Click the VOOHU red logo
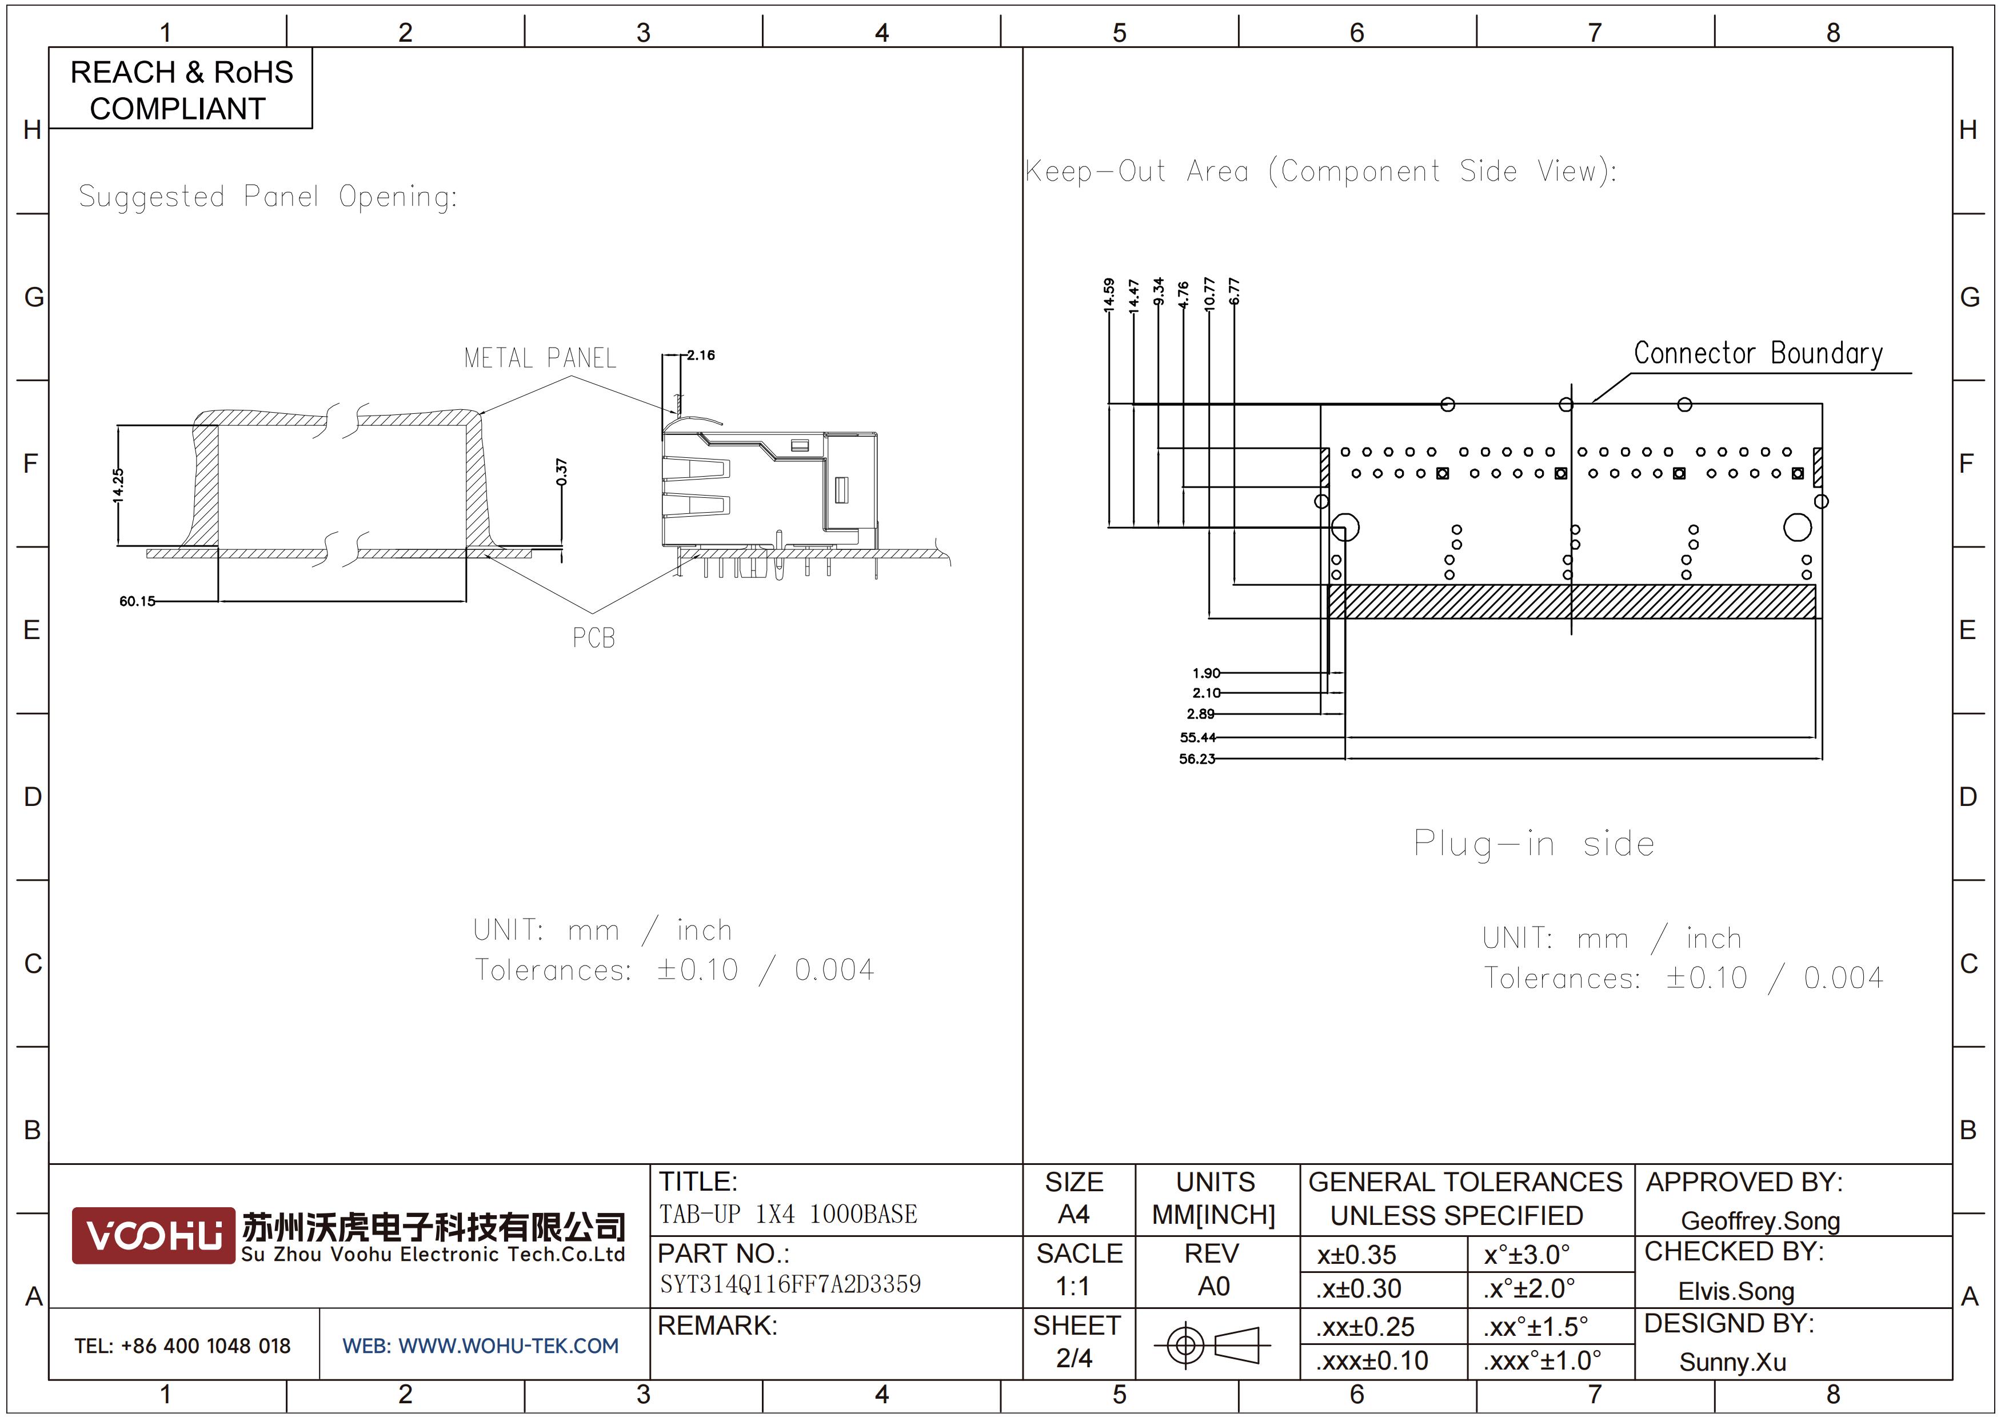pos(154,1235)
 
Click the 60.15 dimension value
pos(137,601)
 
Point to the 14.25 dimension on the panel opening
pos(118,485)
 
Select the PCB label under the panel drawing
pos(594,638)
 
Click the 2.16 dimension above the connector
pos(700,356)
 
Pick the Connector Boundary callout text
pos(1758,354)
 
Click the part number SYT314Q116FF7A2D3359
pos(790,1284)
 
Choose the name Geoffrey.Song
pos(1760,1222)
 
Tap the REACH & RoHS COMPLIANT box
pos(181,89)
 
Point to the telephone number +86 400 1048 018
pos(206,1346)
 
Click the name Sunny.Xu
pos(1732,1363)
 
